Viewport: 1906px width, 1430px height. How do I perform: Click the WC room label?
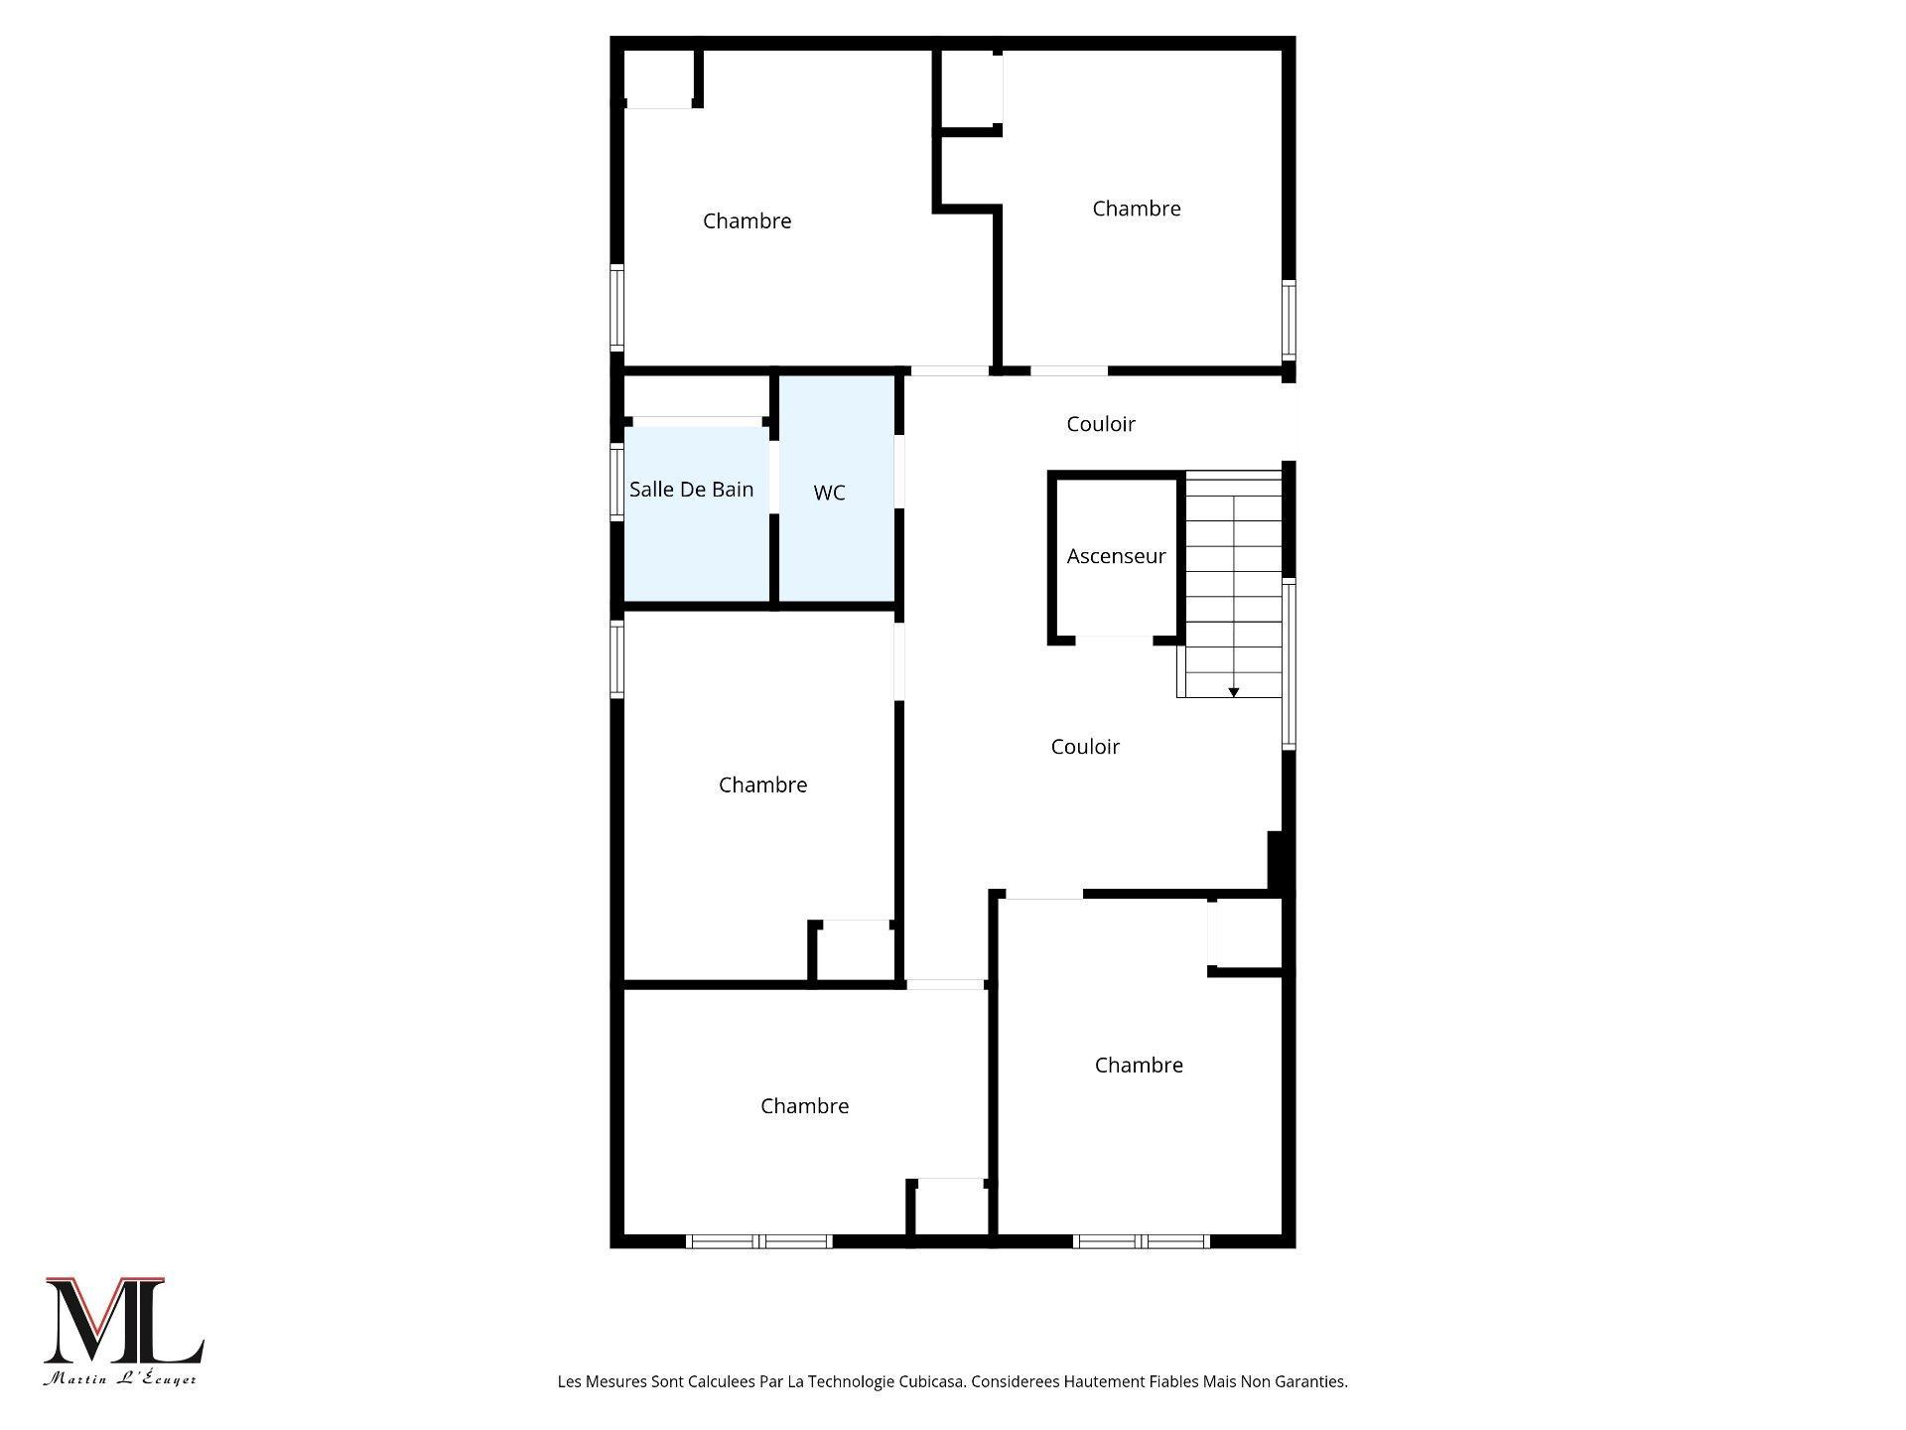tap(829, 493)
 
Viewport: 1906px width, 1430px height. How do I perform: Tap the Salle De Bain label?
tap(691, 489)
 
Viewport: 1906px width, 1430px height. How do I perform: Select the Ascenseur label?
tap(1116, 556)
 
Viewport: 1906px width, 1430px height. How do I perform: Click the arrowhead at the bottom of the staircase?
tap(1234, 692)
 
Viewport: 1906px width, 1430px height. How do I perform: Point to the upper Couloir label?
tap(1100, 424)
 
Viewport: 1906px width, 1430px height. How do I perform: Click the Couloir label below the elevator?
tap(1085, 747)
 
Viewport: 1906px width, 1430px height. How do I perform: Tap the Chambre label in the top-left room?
tap(747, 221)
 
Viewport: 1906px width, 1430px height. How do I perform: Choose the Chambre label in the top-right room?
tap(1136, 209)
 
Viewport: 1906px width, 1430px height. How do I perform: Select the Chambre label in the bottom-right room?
tap(1139, 1066)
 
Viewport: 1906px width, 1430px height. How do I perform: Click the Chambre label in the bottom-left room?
tap(804, 1106)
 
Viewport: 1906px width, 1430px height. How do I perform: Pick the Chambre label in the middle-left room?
tap(762, 786)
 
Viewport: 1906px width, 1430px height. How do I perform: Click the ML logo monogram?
tap(123, 1321)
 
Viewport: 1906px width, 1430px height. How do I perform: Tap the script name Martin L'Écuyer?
tap(120, 1378)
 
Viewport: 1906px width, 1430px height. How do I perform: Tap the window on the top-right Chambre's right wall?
tap(1289, 320)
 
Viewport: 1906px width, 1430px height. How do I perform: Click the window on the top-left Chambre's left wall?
tap(616, 308)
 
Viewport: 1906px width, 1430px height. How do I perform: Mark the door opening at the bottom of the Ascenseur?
tap(1115, 641)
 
